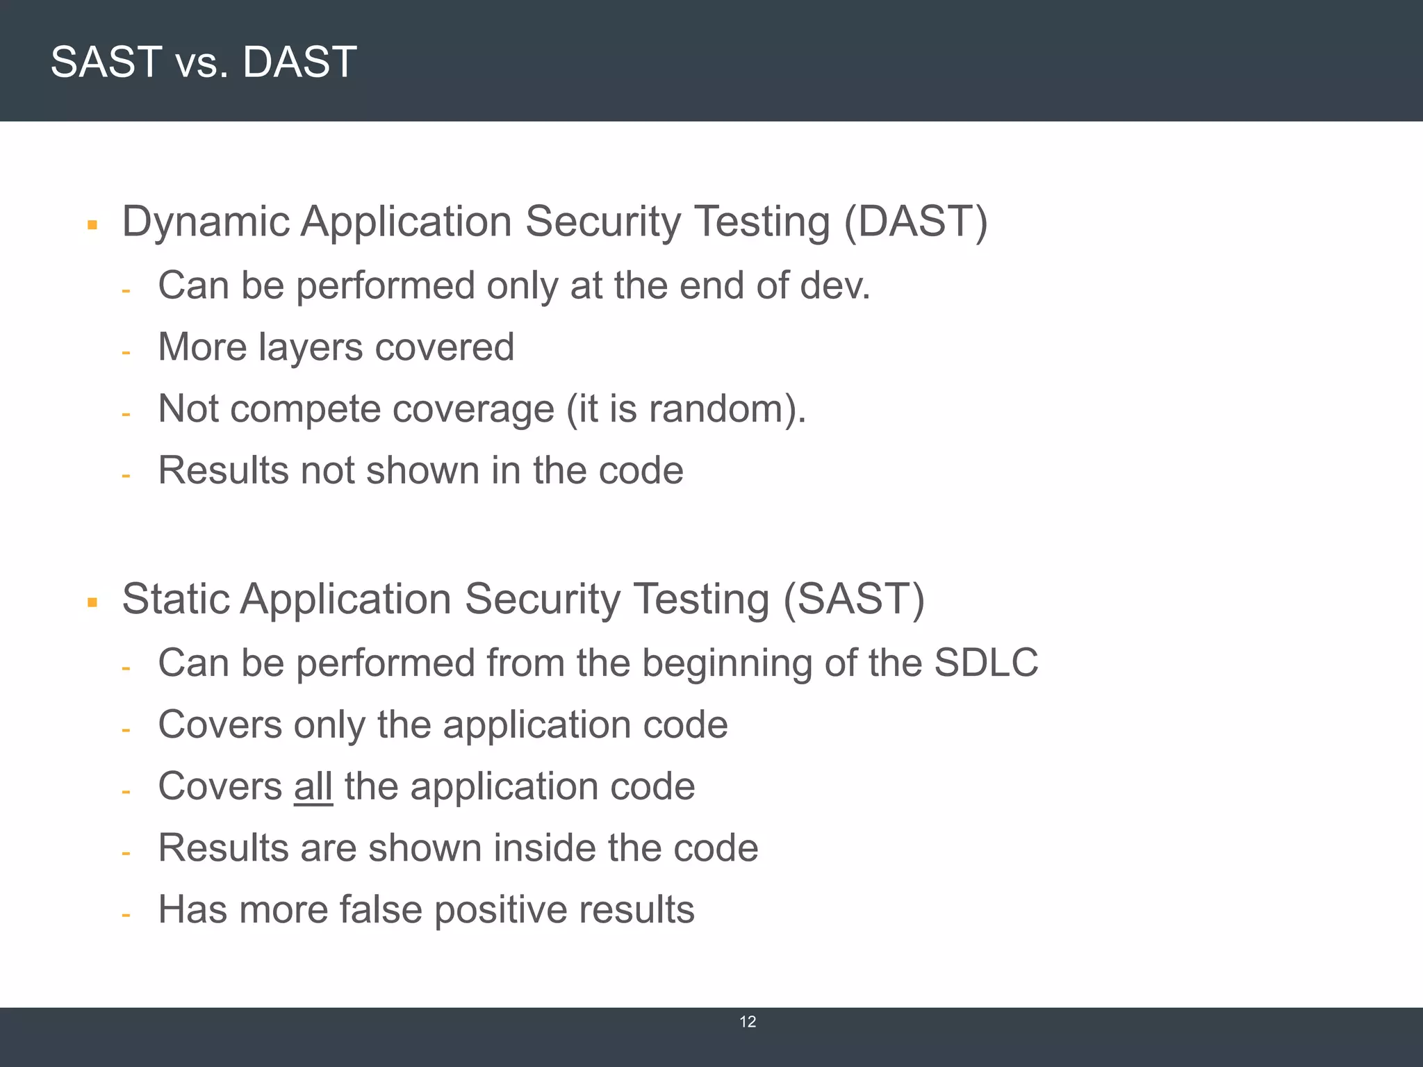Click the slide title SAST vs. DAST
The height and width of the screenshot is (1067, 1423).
pos(204,62)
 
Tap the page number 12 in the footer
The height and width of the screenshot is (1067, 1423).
pos(748,1022)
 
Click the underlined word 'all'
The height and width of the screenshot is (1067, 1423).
pos(313,786)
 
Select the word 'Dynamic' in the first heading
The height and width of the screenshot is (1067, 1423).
pos(206,222)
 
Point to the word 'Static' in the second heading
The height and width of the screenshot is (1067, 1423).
pos(176,599)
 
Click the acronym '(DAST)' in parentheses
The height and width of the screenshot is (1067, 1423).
pos(915,222)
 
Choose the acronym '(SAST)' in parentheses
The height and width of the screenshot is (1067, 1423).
pos(854,599)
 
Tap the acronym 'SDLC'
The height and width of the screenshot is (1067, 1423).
pos(986,663)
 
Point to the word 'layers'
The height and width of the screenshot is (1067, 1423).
pos(311,347)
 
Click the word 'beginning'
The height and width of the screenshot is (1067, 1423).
pos(727,664)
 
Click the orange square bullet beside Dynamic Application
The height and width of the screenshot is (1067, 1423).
pos(92,225)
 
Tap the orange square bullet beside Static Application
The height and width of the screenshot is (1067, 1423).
pos(92,602)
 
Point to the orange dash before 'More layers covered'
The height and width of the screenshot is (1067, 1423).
pos(126,353)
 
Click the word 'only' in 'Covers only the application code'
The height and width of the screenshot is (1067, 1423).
pos(329,726)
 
